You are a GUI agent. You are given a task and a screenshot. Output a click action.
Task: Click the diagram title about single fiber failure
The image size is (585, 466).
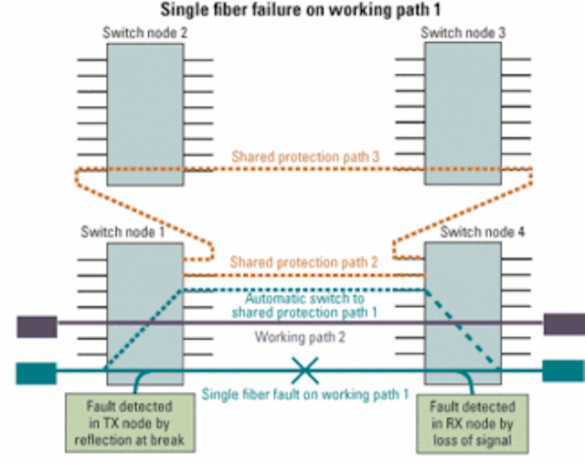click(x=301, y=10)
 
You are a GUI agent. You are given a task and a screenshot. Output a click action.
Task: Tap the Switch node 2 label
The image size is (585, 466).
click(x=144, y=33)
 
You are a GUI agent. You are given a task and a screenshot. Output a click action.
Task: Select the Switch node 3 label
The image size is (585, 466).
click(x=463, y=33)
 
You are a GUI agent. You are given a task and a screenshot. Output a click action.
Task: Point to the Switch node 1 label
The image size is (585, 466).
click(x=122, y=232)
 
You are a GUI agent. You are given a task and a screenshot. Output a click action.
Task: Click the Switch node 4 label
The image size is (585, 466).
click(x=482, y=232)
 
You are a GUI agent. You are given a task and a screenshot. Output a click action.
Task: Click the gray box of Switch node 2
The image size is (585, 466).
click(x=145, y=114)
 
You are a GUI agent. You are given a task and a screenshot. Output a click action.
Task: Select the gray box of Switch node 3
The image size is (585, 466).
click(x=463, y=113)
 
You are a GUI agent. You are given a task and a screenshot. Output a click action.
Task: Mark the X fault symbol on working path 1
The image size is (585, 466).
click(x=304, y=371)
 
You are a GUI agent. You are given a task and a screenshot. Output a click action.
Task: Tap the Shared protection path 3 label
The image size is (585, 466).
click(x=305, y=156)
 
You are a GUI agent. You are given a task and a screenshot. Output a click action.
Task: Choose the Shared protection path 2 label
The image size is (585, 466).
click(x=303, y=262)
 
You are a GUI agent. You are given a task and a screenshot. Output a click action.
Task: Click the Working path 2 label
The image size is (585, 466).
click(x=300, y=337)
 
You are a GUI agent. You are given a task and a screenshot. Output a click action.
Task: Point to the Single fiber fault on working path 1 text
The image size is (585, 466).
click(x=305, y=394)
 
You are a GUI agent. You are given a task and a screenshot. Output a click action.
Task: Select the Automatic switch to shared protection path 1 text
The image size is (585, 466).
click(x=304, y=305)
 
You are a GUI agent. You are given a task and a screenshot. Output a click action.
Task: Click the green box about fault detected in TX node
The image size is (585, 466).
click(x=130, y=423)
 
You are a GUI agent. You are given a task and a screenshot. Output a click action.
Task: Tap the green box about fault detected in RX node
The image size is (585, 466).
click(x=473, y=424)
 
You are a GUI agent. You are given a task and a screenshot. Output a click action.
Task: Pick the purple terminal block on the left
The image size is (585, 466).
click(x=37, y=327)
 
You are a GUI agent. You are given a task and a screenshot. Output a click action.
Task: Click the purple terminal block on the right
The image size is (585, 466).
click(x=564, y=324)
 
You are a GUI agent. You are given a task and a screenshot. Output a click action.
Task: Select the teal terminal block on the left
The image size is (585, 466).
click(x=37, y=373)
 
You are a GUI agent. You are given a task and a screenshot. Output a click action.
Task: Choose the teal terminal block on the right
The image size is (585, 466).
click(x=563, y=371)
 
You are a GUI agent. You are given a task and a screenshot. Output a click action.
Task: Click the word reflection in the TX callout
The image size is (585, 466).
click(x=101, y=440)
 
